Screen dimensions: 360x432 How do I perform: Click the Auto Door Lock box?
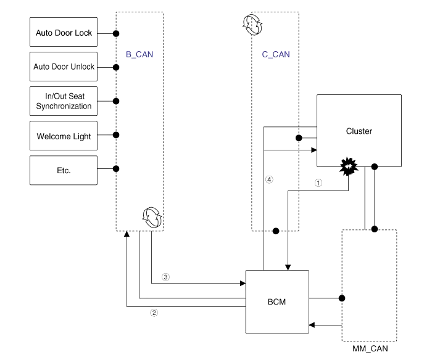[x=64, y=33]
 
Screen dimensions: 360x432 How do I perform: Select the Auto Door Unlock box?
[x=64, y=66]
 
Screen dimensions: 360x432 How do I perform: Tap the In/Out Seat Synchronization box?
[x=64, y=100]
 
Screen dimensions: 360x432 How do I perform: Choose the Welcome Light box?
[x=64, y=136]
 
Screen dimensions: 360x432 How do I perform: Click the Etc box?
[x=64, y=170]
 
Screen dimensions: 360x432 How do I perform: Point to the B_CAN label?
[x=139, y=54]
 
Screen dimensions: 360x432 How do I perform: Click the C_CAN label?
[x=275, y=54]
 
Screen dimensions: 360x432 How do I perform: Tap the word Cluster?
[x=360, y=131]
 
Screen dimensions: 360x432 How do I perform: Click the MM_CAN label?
[x=370, y=349]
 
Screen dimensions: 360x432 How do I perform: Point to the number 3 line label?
[x=165, y=277]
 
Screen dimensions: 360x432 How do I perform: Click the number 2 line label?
[x=154, y=313]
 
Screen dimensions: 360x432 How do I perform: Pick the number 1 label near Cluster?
[x=318, y=182]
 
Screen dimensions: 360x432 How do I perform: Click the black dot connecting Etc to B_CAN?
[x=116, y=168]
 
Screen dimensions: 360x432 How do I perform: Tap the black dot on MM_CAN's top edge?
[x=374, y=229]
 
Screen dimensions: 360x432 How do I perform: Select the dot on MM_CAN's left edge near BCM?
[x=342, y=298]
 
